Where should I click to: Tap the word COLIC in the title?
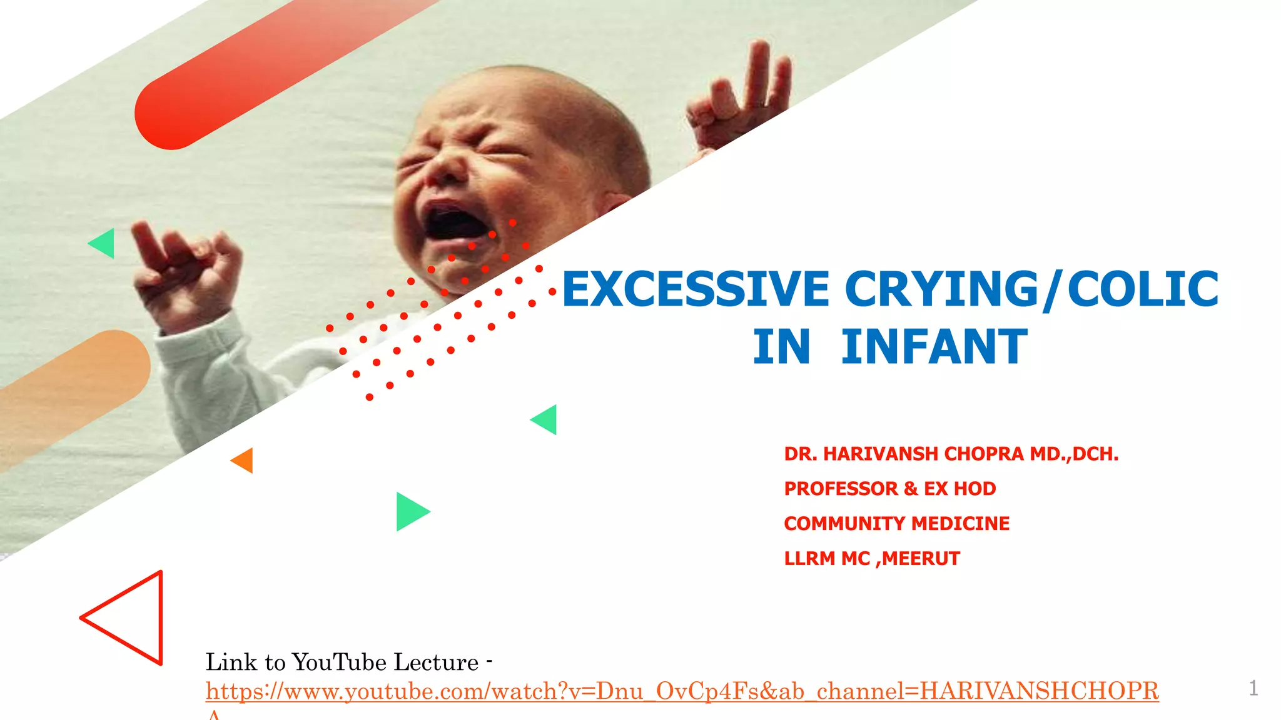point(1143,289)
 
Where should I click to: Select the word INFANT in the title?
point(934,347)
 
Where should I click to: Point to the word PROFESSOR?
point(841,489)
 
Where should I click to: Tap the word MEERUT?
point(921,559)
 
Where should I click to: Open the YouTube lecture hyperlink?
point(682,691)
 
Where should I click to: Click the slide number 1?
point(1253,688)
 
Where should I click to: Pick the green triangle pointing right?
point(410,512)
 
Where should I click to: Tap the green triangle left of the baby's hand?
point(104,243)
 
